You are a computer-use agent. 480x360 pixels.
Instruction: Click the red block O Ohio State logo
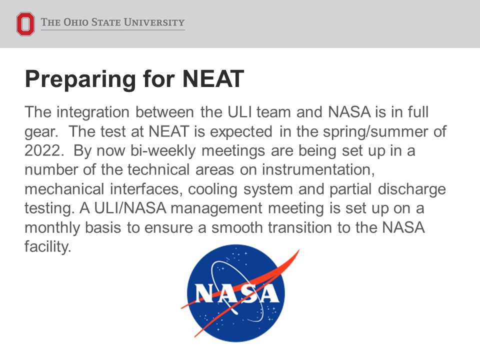25,24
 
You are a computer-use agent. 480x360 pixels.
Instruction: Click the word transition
314,227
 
